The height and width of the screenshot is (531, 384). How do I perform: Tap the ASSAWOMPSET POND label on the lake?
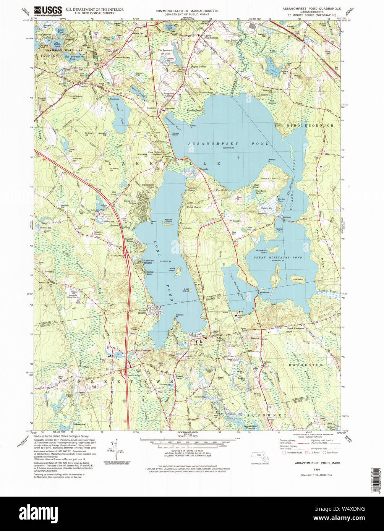click(229, 144)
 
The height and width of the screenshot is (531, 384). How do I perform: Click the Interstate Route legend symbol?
click(284, 453)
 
